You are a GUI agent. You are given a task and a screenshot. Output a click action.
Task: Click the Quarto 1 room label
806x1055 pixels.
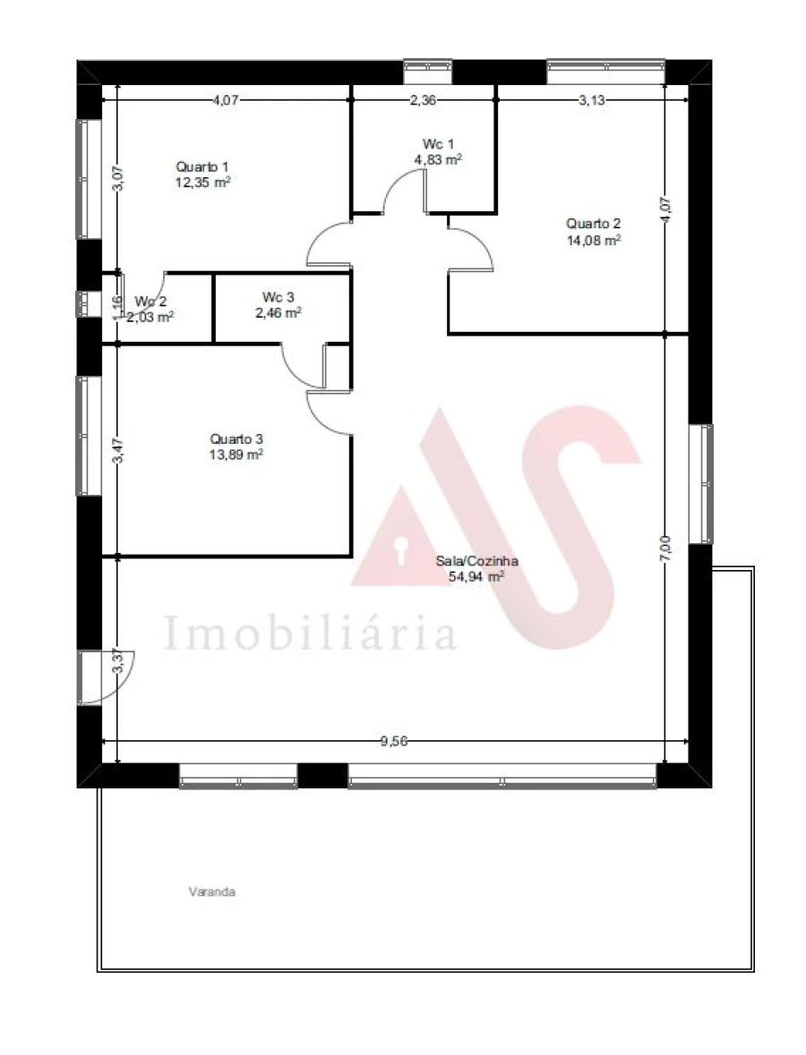tap(202, 166)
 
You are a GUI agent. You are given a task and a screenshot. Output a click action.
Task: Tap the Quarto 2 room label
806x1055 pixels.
tap(593, 224)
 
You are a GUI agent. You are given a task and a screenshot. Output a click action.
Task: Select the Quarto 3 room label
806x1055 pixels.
tap(236, 438)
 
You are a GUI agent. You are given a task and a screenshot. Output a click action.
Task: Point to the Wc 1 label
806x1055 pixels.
tap(439, 144)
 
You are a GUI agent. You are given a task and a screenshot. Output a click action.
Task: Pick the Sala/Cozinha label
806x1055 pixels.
tap(476, 561)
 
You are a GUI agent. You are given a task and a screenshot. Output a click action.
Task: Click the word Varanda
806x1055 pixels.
tap(212, 891)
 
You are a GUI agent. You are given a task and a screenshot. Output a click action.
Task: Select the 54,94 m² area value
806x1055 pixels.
tap(476, 577)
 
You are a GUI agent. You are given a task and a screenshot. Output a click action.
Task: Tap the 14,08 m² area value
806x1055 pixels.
tap(593, 240)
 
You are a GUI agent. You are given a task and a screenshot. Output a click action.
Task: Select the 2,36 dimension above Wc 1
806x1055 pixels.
tap(423, 100)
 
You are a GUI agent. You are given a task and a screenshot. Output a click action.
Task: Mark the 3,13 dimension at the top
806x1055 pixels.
tap(592, 100)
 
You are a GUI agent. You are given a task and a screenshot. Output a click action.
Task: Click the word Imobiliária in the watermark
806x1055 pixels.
tap(310, 633)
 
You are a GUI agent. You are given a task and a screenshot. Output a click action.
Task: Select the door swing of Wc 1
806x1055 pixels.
tap(403, 191)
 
